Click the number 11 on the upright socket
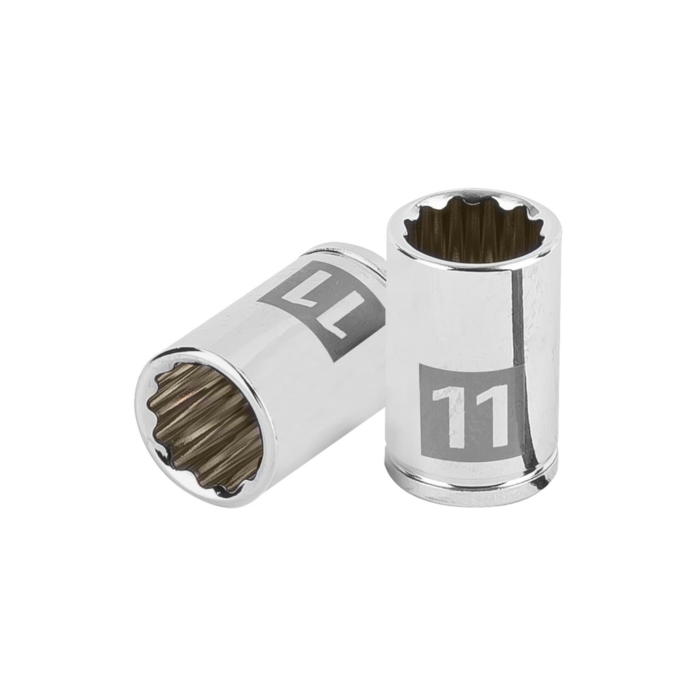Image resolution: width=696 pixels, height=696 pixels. pos(469,414)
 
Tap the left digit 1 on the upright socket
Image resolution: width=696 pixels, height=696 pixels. pos(442,415)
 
